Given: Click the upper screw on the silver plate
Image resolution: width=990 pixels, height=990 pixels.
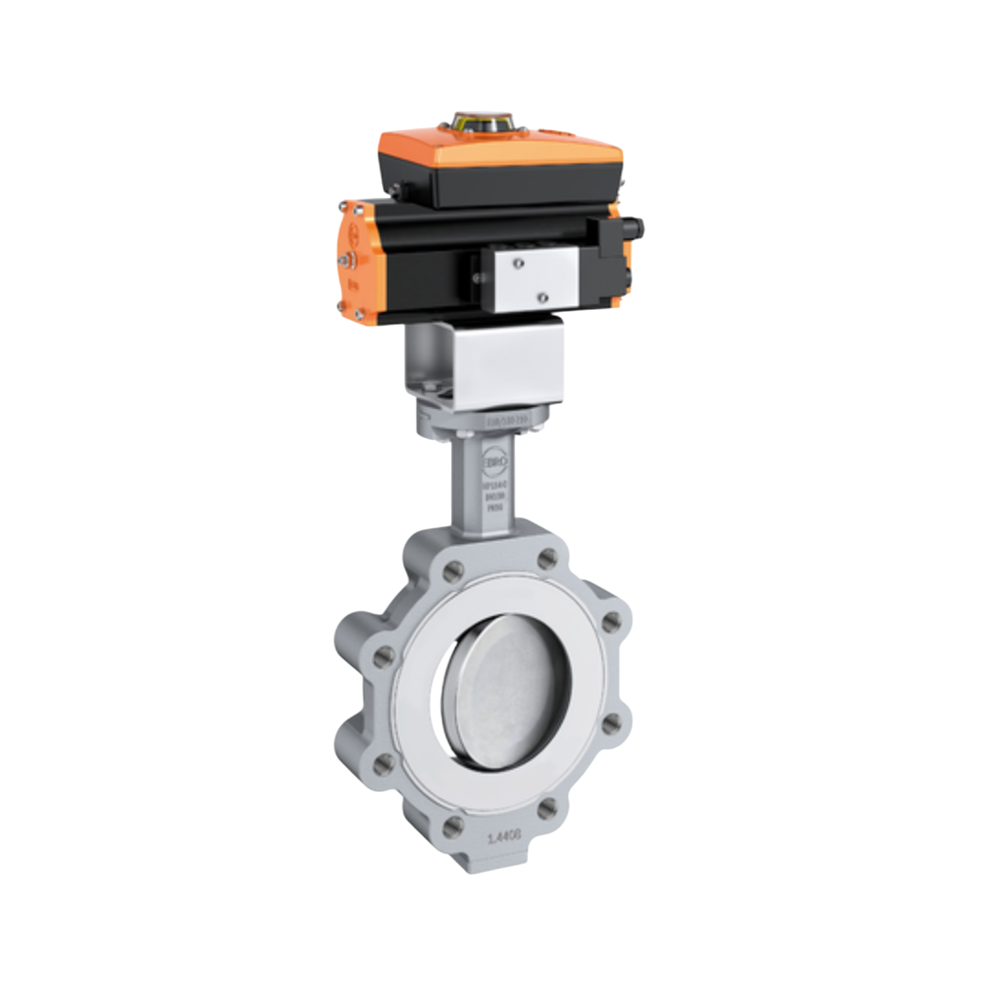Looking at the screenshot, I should (518, 264).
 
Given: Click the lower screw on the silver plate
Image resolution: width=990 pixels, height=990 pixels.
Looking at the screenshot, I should (541, 297).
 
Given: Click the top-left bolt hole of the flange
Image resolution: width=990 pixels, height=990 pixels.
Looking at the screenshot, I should (452, 573).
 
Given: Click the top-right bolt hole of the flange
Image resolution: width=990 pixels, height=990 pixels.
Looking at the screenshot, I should (547, 558).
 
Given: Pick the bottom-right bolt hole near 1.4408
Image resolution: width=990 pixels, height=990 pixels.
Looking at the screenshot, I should (546, 808).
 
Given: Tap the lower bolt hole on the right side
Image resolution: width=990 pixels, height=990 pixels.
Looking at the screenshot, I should (609, 725).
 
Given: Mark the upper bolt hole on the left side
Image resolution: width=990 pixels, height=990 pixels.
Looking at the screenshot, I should (385, 656).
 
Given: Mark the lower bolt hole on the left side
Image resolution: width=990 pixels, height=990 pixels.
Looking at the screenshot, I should (384, 763).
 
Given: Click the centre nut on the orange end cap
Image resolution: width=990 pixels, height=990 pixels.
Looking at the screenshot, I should (345, 261).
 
